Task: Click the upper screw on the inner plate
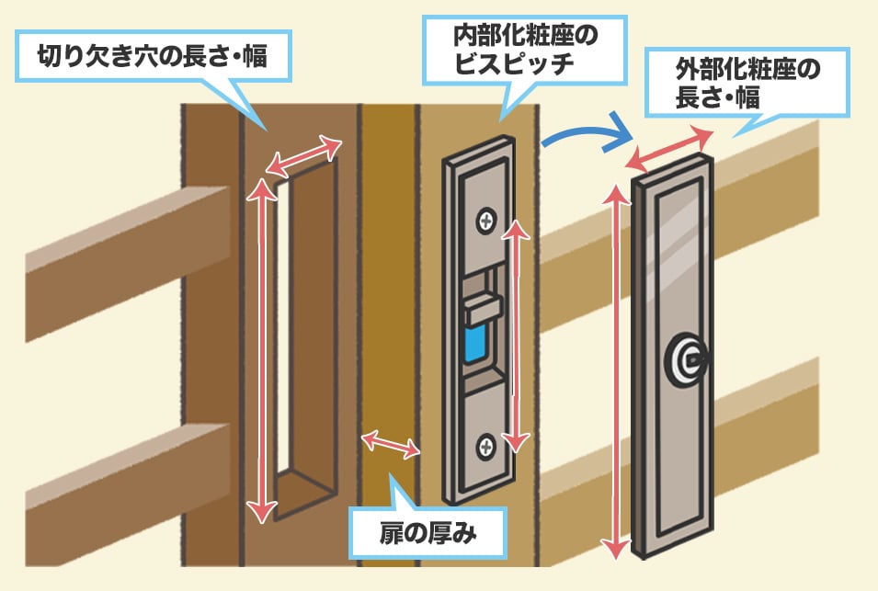[x=485, y=221]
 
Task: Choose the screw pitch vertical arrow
[x=518, y=335]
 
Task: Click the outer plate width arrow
[x=668, y=149]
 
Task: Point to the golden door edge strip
[x=386, y=276]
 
